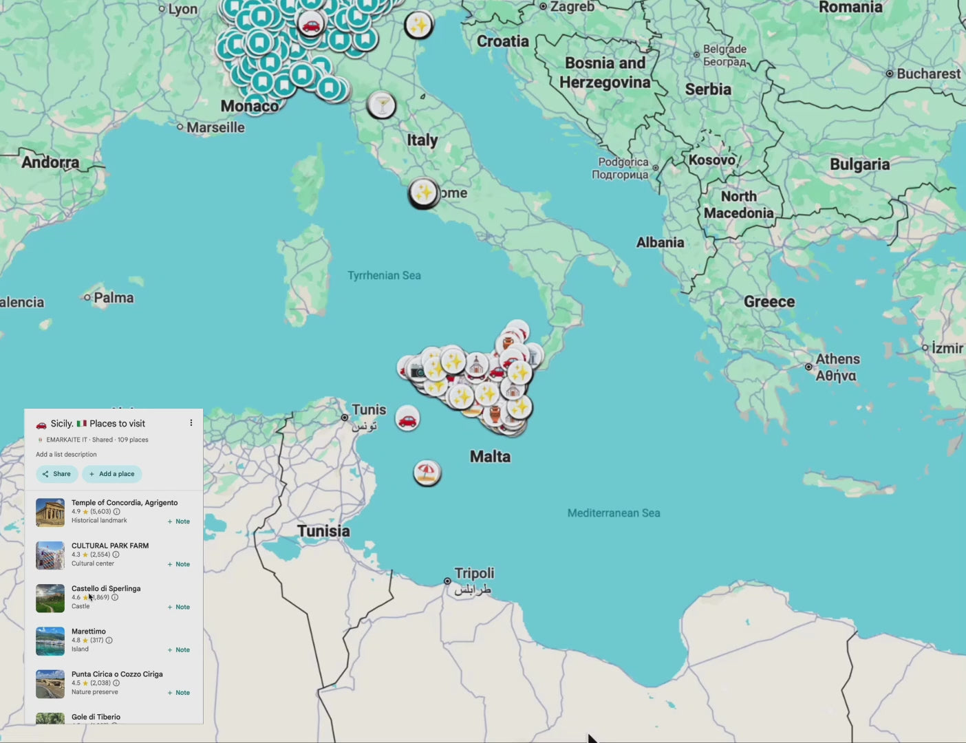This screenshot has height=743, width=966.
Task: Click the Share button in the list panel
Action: click(56, 474)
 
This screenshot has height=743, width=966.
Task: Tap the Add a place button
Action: click(112, 474)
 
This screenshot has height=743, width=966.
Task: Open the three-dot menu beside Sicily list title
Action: click(191, 423)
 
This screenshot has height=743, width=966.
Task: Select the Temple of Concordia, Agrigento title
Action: click(125, 503)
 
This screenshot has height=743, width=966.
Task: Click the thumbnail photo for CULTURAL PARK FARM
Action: click(50, 556)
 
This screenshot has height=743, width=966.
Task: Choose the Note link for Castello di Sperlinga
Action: click(179, 607)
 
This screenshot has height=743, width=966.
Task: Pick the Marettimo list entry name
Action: click(89, 632)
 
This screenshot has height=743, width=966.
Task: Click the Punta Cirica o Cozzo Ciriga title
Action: click(117, 674)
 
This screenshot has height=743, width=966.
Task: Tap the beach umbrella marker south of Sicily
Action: click(427, 473)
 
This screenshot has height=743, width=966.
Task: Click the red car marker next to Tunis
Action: click(407, 418)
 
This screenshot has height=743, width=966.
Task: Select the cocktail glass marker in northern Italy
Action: click(381, 105)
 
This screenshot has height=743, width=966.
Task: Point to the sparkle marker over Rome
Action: click(423, 193)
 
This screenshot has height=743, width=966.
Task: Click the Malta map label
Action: click(490, 457)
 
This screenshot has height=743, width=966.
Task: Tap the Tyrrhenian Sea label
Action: click(384, 276)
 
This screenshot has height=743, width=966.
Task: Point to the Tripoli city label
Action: click(474, 574)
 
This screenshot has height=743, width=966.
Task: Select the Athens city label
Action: click(837, 359)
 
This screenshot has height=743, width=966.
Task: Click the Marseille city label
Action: click(215, 128)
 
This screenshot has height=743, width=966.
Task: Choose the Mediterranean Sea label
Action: click(613, 513)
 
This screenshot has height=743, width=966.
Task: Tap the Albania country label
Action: click(660, 243)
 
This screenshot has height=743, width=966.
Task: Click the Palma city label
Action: click(114, 298)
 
